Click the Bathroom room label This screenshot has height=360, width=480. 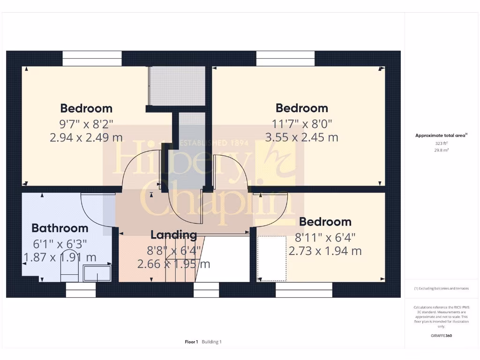(x=60, y=228)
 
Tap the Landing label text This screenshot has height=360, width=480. (x=173, y=234)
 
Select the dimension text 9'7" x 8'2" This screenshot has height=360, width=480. (x=86, y=124)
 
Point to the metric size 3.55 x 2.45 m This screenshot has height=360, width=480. (x=301, y=137)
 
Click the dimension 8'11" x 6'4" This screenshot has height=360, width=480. (x=325, y=237)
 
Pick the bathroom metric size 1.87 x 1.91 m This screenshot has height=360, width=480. (x=60, y=257)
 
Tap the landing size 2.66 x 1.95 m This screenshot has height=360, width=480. (x=173, y=264)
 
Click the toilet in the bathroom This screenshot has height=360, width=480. (x=69, y=271)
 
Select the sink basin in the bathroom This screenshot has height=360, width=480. (x=97, y=273)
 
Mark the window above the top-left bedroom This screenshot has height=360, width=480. (x=92, y=59)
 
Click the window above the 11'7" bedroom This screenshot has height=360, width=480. (x=285, y=59)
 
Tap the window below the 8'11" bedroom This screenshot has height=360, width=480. (x=304, y=290)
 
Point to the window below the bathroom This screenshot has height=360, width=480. (x=81, y=290)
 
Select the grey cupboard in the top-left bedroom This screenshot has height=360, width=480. (x=177, y=85)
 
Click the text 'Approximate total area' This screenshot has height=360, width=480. (x=441, y=135)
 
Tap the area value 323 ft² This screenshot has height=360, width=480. (x=441, y=143)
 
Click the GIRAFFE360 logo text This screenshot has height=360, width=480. (x=441, y=336)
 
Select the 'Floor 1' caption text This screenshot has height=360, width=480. (x=191, y=342)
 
